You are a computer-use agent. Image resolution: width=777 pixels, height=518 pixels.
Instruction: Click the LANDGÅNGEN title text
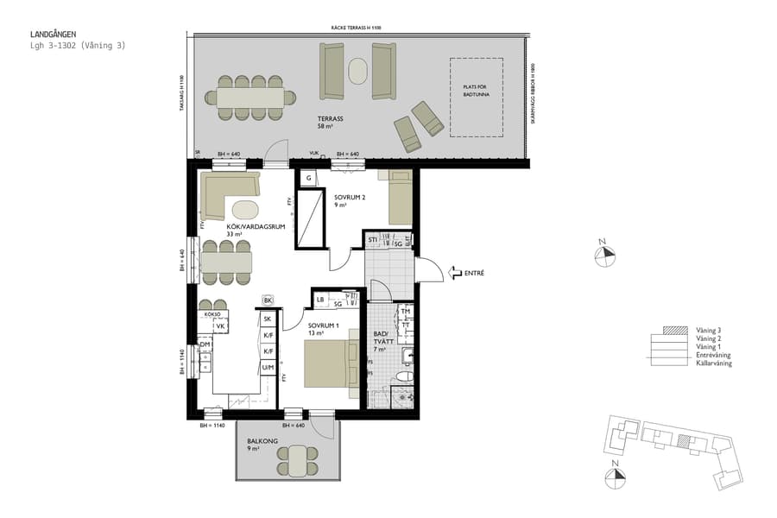coord(53,35)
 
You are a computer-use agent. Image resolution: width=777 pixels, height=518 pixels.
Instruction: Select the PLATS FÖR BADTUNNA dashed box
coord(476,97)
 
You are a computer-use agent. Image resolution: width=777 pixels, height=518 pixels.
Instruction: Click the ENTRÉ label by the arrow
coord(474,273)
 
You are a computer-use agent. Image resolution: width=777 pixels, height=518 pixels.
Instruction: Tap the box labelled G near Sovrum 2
coord(307,178)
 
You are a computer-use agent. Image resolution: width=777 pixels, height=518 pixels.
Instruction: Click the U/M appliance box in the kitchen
coord(268,368)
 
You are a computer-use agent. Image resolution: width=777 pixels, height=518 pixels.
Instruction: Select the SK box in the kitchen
coord(268,319)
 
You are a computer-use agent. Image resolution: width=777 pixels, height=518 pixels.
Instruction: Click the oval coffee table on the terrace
coord(357,70)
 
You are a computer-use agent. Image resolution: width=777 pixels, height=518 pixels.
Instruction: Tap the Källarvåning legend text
coord(715,363)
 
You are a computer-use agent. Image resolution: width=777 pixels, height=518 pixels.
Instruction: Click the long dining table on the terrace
coord(250,98)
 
